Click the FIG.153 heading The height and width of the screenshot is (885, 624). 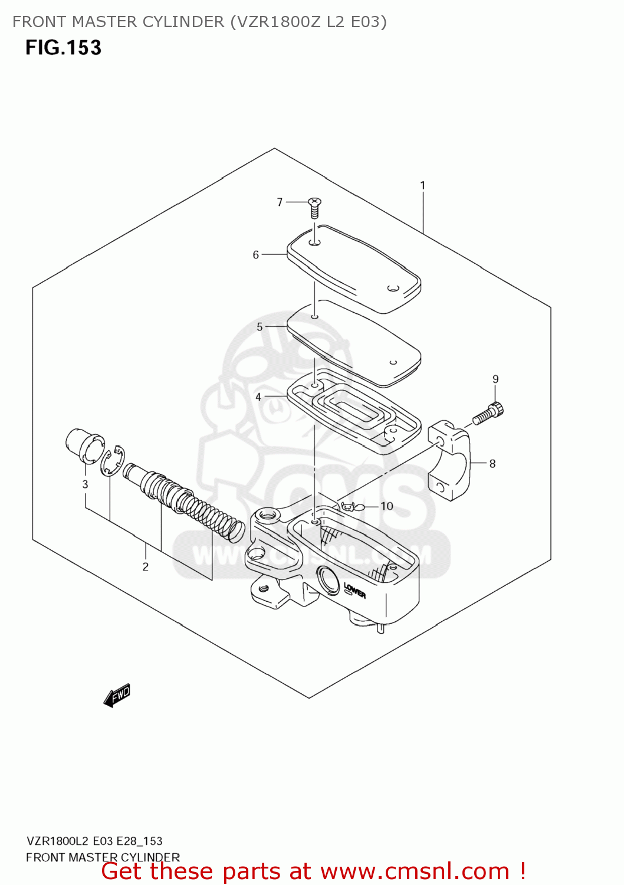(x=63, y=47)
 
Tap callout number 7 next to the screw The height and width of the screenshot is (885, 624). (x=280, y=202)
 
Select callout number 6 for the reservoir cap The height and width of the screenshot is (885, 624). (x=255, y=255)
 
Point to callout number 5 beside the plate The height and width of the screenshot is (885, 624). (x=260, y=327)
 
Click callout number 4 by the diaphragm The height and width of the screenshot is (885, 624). (x=258, y=397)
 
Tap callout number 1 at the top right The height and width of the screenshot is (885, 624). (x=422, y=185)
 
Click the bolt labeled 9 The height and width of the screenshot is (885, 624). (x=488, y=413)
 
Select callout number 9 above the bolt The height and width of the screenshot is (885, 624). (x=495, y=379)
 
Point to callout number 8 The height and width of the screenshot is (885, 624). (x=492, y=464)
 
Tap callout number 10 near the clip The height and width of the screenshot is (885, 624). (x=386, y=506)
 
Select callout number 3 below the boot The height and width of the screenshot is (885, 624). (x=85, y=484)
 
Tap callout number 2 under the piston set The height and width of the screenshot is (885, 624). (x=145, y=567)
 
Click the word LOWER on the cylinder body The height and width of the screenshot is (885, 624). (x=354, y=590)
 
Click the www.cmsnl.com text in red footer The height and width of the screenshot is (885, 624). (x=415, y=871)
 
